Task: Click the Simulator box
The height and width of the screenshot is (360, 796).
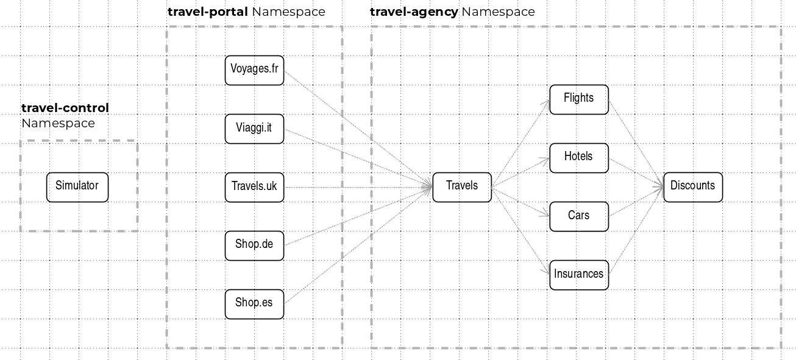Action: [77, 187]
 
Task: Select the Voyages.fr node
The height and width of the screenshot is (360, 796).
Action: [254, 70]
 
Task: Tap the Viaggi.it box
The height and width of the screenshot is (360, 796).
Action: [254, 129]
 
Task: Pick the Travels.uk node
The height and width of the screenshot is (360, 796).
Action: [254, 187]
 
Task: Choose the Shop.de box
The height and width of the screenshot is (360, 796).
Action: [254, 245]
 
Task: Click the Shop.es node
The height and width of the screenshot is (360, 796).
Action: [254, 304]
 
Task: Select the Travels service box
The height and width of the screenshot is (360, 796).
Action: [462, 187]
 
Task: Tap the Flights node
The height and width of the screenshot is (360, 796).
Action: [579, 99]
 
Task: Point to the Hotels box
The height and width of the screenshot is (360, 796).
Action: [579, 158]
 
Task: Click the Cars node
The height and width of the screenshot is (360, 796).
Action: [579, 217]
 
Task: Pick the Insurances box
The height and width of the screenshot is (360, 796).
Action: [579, 275]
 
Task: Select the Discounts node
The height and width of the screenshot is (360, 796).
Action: [693, 187]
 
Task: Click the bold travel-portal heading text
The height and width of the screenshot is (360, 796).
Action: [207, 12]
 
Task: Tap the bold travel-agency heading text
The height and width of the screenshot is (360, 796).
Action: [414, 12]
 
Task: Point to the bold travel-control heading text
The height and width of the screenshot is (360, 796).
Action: [65, 108]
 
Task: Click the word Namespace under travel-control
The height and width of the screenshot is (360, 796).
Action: [59, 123]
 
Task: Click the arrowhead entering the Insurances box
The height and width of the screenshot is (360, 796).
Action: [545, 270]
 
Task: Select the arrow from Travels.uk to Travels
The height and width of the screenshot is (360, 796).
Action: [358, 187]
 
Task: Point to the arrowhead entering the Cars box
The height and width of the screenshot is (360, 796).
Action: [545, 213]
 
